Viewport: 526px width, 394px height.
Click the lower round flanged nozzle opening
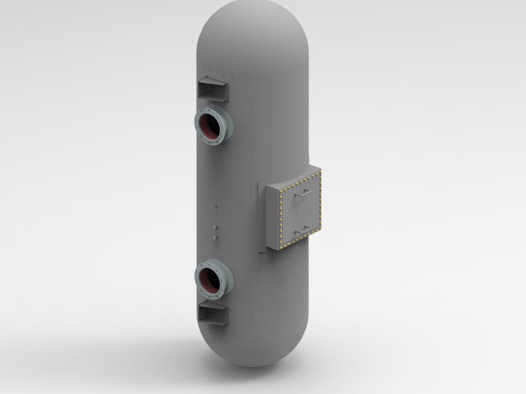click(x=212, y=281)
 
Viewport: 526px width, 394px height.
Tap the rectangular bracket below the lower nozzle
click(x=212, y=315)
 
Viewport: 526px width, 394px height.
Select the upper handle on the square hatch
click(x=303, y=195)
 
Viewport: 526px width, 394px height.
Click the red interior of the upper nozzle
click(x=211, y=126)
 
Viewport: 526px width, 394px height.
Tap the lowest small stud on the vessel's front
click(x=215, y=235)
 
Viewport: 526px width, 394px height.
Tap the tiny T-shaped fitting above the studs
click(x=215, y=208)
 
